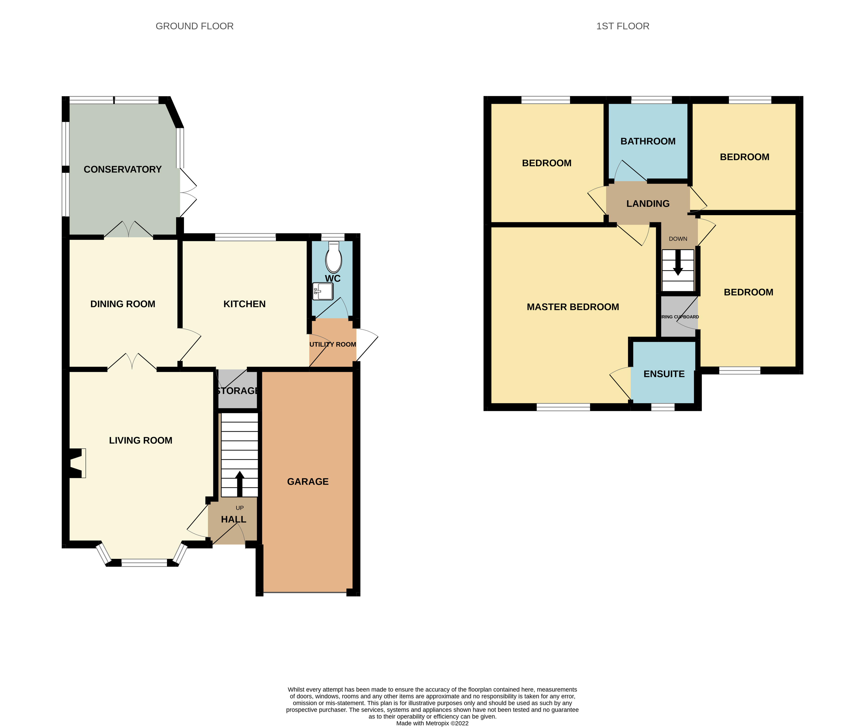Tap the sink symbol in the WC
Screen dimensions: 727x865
click(x=323, y=291)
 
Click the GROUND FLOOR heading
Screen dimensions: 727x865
click(x=194, y=26)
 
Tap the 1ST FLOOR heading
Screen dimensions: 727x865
click(x=623, y=26)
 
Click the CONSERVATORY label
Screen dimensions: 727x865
click(x=123, y=169)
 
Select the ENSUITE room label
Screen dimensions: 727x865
click(x=664, y=374)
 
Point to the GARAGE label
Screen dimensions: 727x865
click(x=308, y=481)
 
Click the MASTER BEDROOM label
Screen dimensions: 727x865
click(x=572, y=307)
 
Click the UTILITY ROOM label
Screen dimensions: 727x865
click(x=332, y=344)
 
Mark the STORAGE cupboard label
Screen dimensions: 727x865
click(x=238, y=391)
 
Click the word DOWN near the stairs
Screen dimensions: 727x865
click(x=678, y=239)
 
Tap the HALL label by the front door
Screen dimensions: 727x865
click(x=234, y=519)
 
